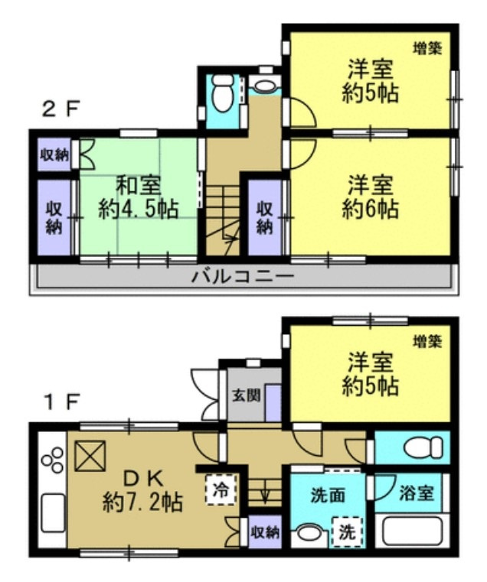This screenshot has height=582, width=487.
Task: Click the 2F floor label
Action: point(60,109)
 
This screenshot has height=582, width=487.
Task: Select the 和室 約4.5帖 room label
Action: point(139,197)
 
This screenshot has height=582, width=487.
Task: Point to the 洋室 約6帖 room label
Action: point(371,197)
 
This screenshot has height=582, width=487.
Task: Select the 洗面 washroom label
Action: point(327,495)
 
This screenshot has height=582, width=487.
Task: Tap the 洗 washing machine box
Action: point(346,530)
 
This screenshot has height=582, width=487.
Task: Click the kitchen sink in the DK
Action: point(51,512)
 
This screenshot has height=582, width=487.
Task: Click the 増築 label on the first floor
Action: point(427,343)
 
